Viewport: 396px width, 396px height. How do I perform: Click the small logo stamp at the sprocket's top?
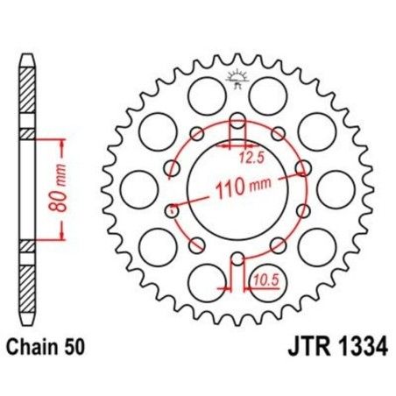click(x=237, y=79)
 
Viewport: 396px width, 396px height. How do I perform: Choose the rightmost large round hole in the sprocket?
click(x=334, y=187)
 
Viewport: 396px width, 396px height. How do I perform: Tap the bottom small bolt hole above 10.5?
click(x=237, y=258)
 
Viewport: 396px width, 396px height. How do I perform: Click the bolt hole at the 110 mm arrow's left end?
click(x=172, y=209)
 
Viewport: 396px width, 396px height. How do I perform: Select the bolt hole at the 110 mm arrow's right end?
click(x=303, y=166)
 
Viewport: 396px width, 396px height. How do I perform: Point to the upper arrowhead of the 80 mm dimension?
click(x=62, y=141)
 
